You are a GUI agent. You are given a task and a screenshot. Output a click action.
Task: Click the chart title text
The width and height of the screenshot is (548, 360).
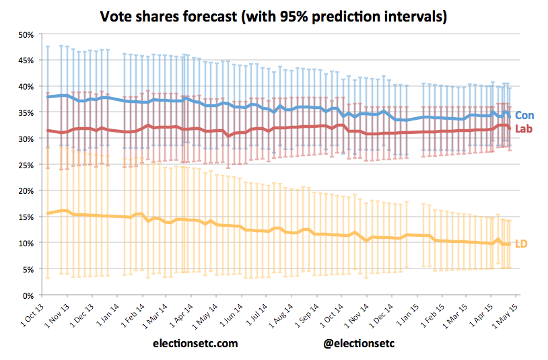tap(273, 16)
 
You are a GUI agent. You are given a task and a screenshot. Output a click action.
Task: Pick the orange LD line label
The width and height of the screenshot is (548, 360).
tap(521, 243)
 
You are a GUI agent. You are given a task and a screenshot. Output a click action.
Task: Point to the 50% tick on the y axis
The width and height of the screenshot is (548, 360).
tap(25, 34)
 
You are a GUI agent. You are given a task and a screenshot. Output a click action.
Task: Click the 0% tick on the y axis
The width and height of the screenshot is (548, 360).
tap(28, 295)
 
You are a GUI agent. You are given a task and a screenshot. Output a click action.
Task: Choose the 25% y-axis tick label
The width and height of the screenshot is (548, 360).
tap(25, 165)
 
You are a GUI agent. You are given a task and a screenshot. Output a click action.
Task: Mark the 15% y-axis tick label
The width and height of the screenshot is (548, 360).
tap(25, 217)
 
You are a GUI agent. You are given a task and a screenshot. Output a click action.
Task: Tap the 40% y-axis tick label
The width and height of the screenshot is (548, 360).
tap(25, 86)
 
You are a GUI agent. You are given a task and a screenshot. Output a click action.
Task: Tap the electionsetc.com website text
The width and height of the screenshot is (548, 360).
tap(195, 343)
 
